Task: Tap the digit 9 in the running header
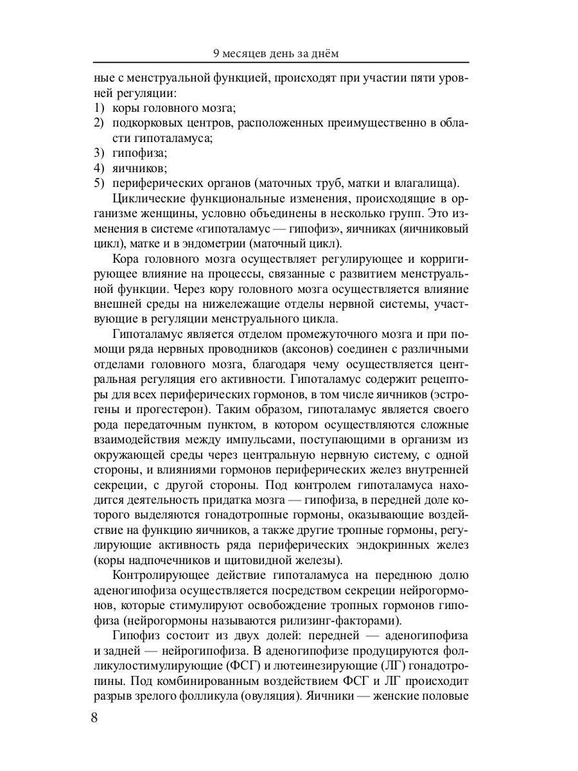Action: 216,53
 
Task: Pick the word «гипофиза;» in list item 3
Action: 139,153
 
